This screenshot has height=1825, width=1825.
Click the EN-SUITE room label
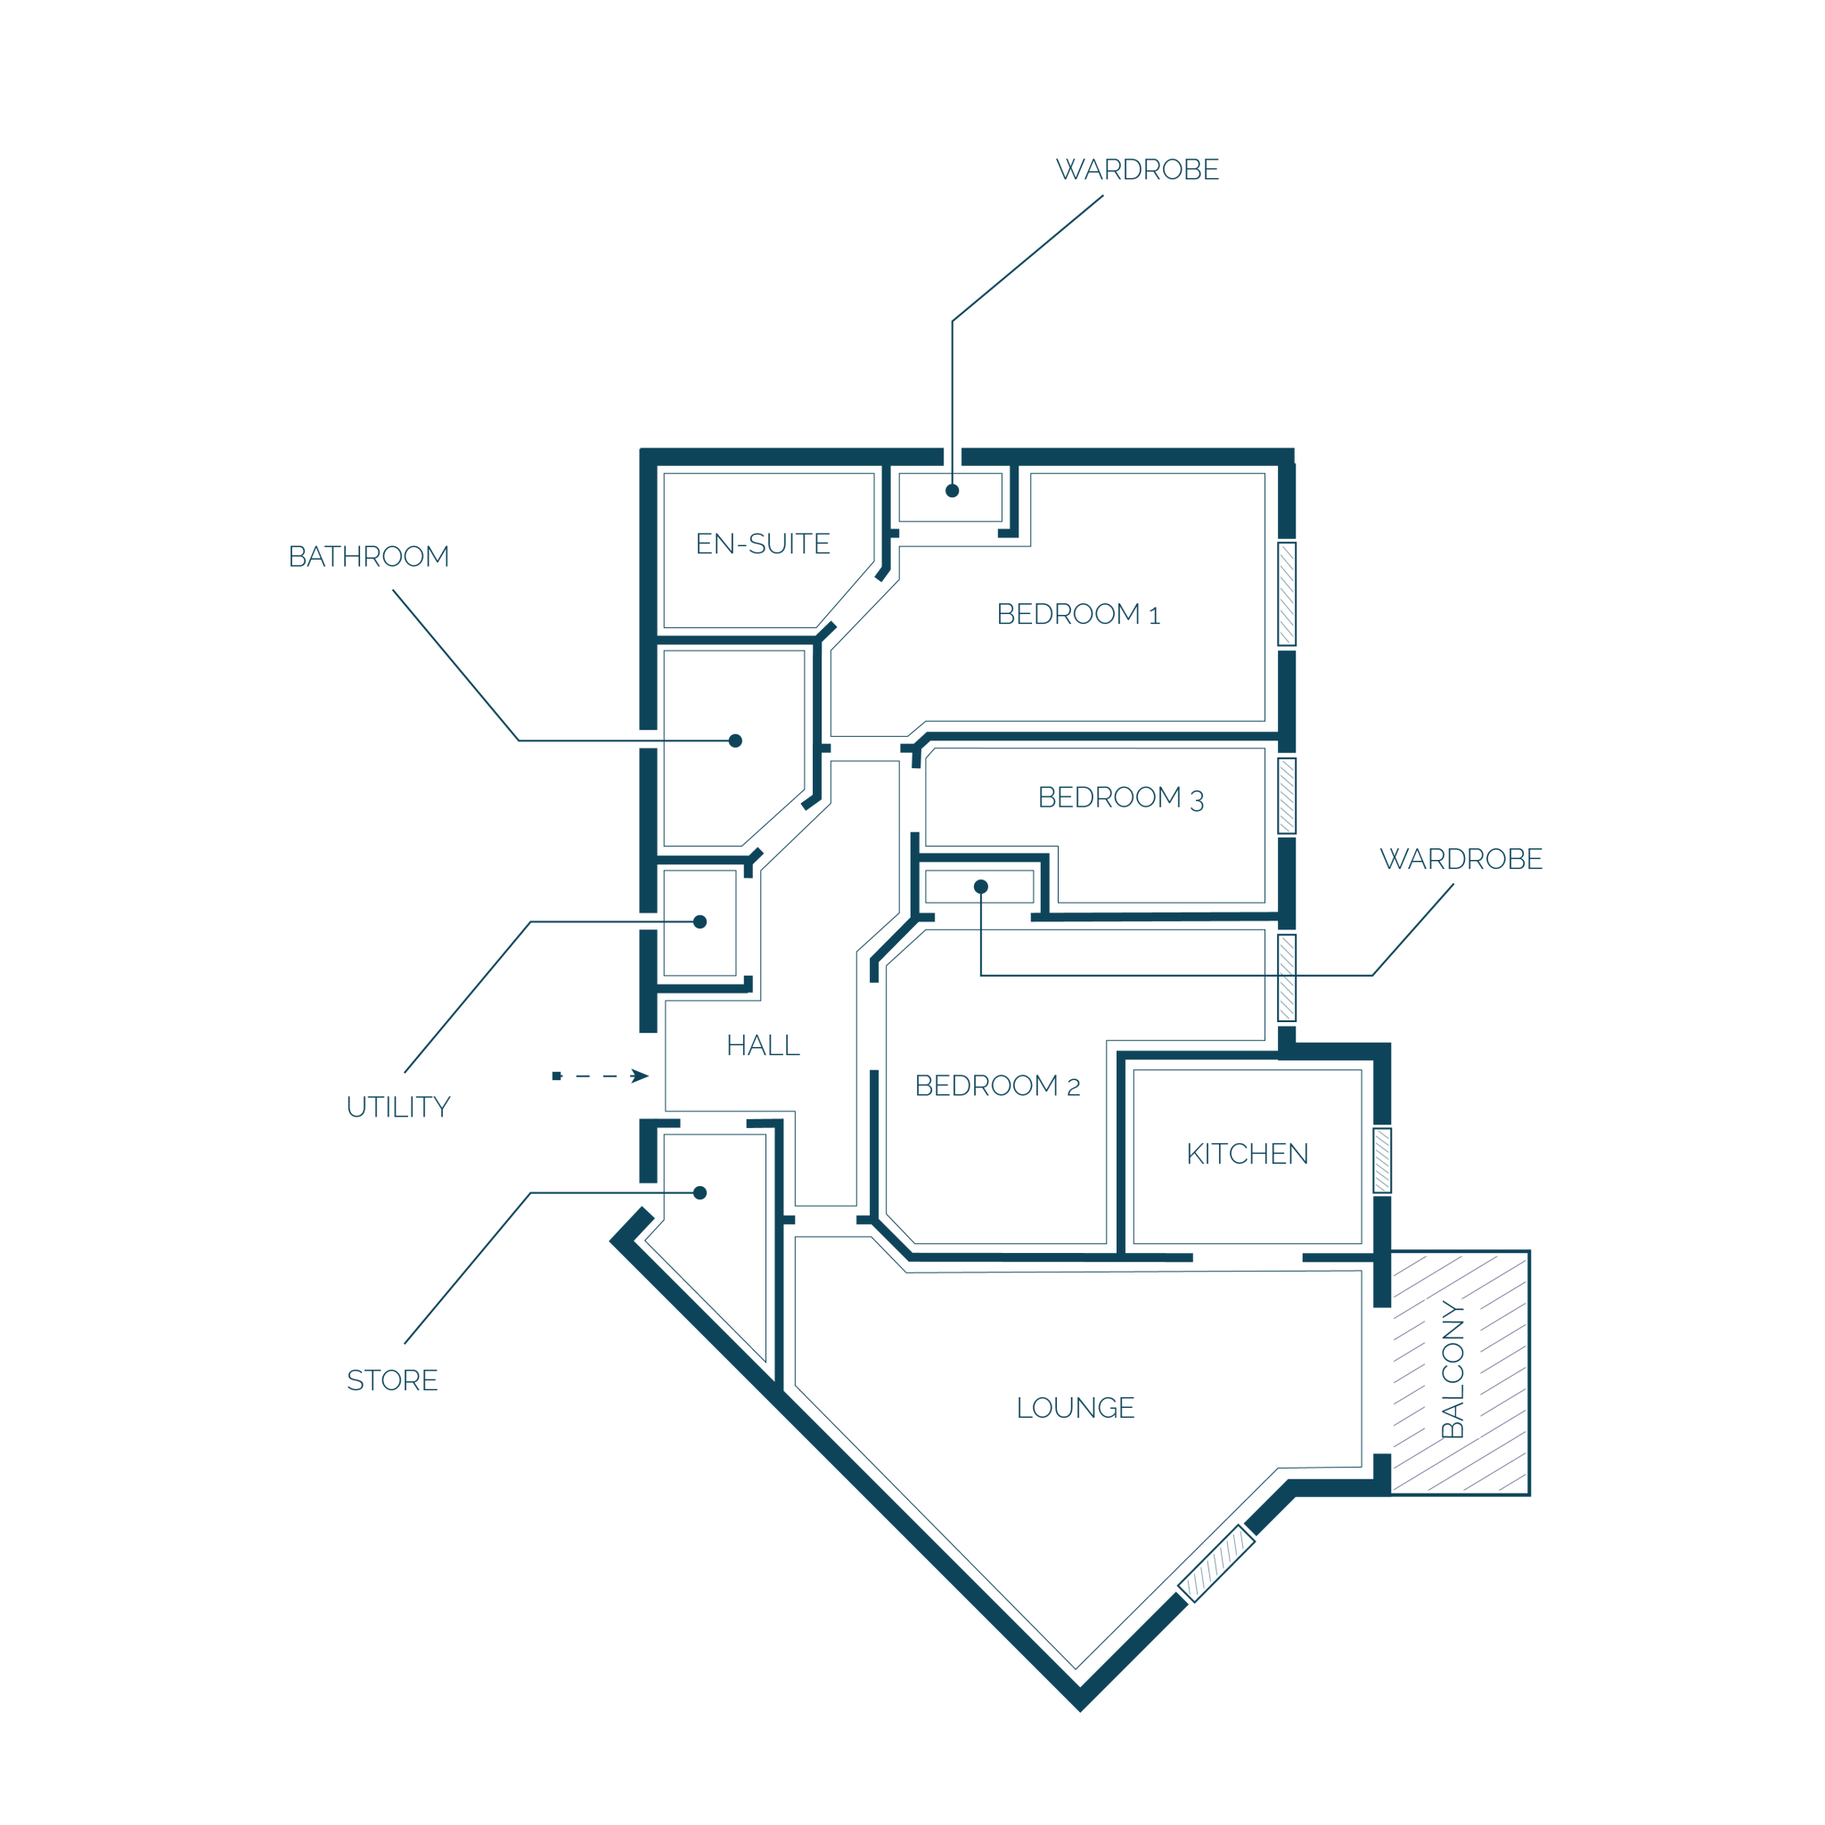point(762,544)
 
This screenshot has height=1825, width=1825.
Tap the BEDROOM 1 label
point(1078,614)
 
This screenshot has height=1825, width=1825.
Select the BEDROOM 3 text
point(1120,798)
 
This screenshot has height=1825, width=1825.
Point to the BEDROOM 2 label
point(996,1085)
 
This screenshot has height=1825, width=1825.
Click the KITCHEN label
point(1247,1153)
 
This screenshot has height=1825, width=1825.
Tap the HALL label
point(762,1044)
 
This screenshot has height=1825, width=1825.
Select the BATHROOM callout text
point(368,556)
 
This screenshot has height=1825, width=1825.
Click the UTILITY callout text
point(397,1106)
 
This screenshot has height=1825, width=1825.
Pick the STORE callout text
point(392,1380)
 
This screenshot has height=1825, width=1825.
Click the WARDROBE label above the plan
point(1137,169)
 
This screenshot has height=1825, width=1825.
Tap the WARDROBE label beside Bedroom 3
point(1461,859)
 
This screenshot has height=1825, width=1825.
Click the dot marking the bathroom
point(735,741)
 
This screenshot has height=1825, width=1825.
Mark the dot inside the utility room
point(700,922)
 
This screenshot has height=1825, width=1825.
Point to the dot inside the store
point(700,1193)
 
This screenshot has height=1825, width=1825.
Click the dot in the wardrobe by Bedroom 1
point(953,490)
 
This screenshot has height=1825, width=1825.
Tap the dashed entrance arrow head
point(640,1076)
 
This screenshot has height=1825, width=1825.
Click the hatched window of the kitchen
point(1382,1160)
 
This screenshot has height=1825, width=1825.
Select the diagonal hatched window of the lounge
point(1216,1563)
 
